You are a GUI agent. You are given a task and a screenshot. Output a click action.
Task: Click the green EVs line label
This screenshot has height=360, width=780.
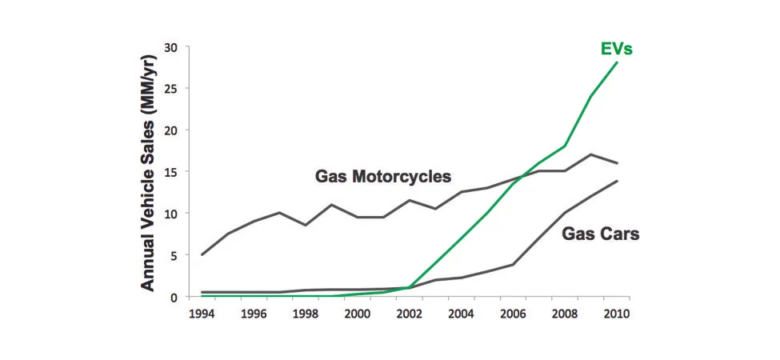tap(617, 49)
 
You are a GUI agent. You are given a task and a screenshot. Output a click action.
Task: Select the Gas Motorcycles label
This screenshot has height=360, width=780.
tap(383, 177)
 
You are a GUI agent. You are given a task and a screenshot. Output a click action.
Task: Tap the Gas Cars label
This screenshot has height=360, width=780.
tap(600, 234)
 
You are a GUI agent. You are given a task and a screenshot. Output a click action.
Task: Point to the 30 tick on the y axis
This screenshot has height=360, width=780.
tap(170, 47)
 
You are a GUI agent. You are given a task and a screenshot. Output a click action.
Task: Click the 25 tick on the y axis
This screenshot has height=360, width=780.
tap(170, 89)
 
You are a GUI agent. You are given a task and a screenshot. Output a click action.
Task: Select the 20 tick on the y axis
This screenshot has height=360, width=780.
tap(170, 130)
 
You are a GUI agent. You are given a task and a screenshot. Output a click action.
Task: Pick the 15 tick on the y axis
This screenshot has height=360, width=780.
tap(170, 172)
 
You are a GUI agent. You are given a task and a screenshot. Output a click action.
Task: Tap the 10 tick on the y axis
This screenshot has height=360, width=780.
tap(170, 214)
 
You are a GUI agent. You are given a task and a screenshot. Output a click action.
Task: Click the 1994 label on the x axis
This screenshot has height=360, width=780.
tap(202, 314)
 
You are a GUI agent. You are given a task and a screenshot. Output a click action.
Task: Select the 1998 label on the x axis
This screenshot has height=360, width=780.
tap(306, 314)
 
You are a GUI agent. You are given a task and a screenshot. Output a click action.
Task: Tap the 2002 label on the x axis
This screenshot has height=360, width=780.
tap(410, 314)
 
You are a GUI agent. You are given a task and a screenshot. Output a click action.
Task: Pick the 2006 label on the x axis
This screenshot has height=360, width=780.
tap(514, 314)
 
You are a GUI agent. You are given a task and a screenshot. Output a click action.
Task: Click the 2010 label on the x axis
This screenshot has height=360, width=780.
tap(618, 314)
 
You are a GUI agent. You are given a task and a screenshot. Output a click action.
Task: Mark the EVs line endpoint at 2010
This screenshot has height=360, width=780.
tap(618, 62)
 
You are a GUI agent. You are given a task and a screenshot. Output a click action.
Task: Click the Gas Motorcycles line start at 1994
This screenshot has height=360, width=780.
tap(202, 254)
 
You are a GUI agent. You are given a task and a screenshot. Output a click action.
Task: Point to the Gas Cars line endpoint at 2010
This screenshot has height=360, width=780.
tap(618, 181)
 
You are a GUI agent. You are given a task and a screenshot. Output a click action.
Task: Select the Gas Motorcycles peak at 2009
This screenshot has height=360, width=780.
tap(591, 154)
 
